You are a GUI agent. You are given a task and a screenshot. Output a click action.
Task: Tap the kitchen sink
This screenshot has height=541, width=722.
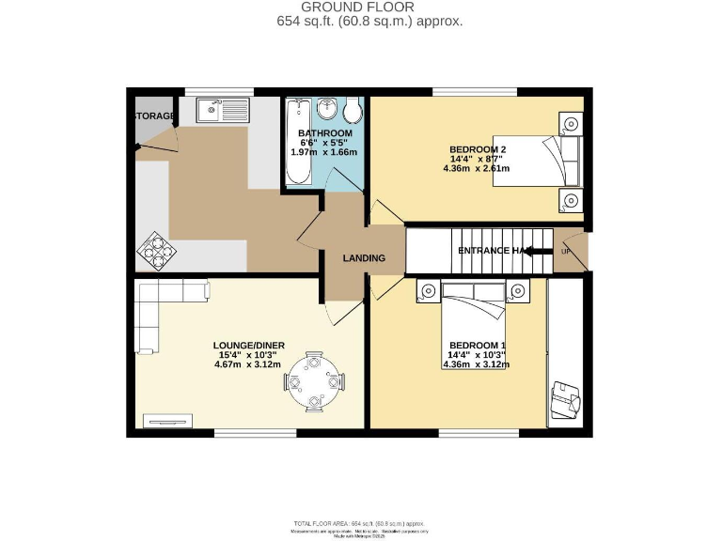coord(222,111)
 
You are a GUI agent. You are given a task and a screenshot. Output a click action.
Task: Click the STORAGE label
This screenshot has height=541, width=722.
coord(154,116)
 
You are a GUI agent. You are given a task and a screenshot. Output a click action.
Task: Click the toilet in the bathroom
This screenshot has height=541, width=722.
coord(353,113)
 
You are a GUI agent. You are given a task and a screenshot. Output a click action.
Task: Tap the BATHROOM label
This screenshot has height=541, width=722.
coord(325,134)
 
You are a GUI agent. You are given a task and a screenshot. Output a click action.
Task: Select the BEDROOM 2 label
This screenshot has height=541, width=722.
coord(476,148)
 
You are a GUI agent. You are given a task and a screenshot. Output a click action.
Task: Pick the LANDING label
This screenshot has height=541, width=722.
coord(363,258)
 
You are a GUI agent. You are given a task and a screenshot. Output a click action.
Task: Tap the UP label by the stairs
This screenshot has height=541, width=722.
coord(566,252)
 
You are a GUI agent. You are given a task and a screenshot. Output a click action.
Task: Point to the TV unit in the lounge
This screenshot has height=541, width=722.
coord(167,420)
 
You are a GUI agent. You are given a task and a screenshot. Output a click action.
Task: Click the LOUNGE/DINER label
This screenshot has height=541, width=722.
coord(248,345)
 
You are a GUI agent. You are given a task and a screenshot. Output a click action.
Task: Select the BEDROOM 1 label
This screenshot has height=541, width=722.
coord(478,344)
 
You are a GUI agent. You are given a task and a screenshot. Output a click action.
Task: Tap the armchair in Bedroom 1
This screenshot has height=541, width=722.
coord(566,400)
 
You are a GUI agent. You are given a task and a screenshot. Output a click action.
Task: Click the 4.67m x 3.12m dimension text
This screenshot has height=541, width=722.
coord(248,365)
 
